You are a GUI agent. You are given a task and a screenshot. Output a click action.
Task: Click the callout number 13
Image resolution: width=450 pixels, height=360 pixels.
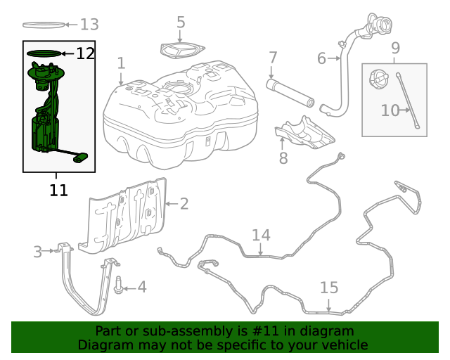tap(89, 25)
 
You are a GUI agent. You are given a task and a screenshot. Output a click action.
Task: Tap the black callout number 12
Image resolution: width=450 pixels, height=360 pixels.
tap(85, 53)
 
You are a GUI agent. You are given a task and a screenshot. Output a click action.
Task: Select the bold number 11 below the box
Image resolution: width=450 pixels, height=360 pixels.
tap(58, 190)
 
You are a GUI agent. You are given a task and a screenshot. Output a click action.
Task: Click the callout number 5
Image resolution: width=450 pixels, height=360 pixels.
tap(181, 22)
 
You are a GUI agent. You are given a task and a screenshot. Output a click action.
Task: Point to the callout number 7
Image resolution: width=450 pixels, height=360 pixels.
tap(273, 58)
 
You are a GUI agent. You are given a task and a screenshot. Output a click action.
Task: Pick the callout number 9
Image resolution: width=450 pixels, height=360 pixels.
tap(395, 48)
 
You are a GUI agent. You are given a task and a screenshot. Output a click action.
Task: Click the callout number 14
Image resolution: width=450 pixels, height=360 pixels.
tap(261, 235)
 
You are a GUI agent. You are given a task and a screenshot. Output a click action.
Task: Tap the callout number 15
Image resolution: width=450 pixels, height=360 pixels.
tap(329, 288)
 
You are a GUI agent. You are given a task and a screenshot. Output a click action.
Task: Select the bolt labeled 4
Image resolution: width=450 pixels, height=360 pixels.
tap(118, 285)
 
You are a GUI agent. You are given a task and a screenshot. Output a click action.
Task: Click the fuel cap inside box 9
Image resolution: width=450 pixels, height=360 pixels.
tap(378, 79)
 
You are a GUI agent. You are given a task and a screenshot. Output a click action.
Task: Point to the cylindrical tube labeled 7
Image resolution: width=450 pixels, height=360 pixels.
tap(290, 94)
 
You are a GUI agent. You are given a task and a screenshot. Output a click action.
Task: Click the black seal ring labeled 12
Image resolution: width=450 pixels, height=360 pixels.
tap(44, 53)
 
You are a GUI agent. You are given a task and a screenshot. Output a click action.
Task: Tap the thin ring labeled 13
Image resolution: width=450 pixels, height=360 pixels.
tap(44, 25)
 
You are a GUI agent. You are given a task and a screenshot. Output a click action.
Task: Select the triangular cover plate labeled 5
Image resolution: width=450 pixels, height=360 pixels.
tap(183, 51)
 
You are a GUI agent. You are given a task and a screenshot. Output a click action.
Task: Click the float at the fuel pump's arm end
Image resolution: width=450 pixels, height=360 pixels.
tap(81, 158)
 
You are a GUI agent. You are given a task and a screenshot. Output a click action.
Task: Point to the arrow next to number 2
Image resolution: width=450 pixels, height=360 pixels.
tap(172, 203)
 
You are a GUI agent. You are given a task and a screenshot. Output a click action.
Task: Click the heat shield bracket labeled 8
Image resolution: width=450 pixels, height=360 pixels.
tap(304, 133)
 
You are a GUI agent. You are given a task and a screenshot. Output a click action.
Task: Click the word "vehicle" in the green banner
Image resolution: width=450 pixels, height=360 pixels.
tap(346, 345)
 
